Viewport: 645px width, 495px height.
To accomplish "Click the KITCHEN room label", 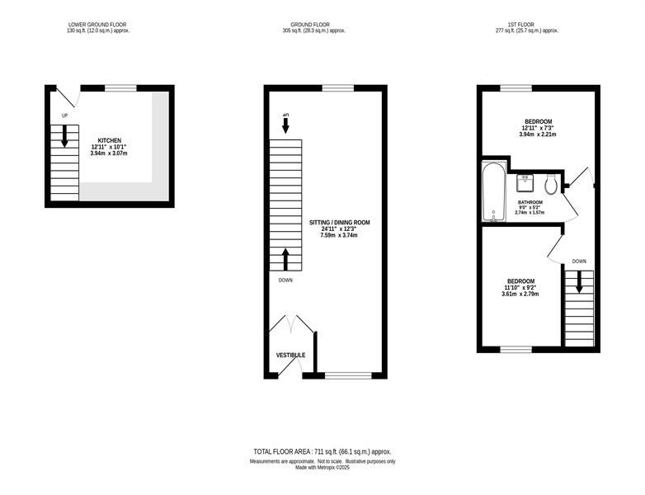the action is tap(110, 141).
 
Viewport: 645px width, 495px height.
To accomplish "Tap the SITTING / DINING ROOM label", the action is tap(339, 223).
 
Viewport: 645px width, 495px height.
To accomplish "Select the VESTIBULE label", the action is tap(290, 355).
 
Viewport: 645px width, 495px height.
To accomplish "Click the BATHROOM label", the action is tap(530, 202).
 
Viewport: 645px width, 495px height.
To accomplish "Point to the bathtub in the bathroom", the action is tap(493, 192).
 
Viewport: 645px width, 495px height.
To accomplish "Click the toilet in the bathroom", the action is tap(550, 183).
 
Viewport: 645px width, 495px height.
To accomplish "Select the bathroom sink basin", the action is tap(525, 182).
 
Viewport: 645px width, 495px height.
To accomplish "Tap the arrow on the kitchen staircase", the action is tap(64, 136).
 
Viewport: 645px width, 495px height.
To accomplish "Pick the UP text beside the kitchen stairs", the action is tap(64, 116).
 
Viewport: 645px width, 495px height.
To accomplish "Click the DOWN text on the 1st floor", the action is tap(579, 262).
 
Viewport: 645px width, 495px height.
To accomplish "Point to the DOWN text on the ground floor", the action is tap(285, 280).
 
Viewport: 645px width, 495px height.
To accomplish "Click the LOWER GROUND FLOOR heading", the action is tap(97, 25).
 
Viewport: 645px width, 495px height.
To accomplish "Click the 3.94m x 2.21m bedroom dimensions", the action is tap(538, 134).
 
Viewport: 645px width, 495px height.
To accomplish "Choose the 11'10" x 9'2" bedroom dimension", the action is tap(520, 288).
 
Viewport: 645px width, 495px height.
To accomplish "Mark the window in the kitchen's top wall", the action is tap(120, 87).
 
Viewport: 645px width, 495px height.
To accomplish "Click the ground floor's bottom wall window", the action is tap(348, 375).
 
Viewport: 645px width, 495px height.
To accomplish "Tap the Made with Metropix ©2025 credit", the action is tap(322, 468).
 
